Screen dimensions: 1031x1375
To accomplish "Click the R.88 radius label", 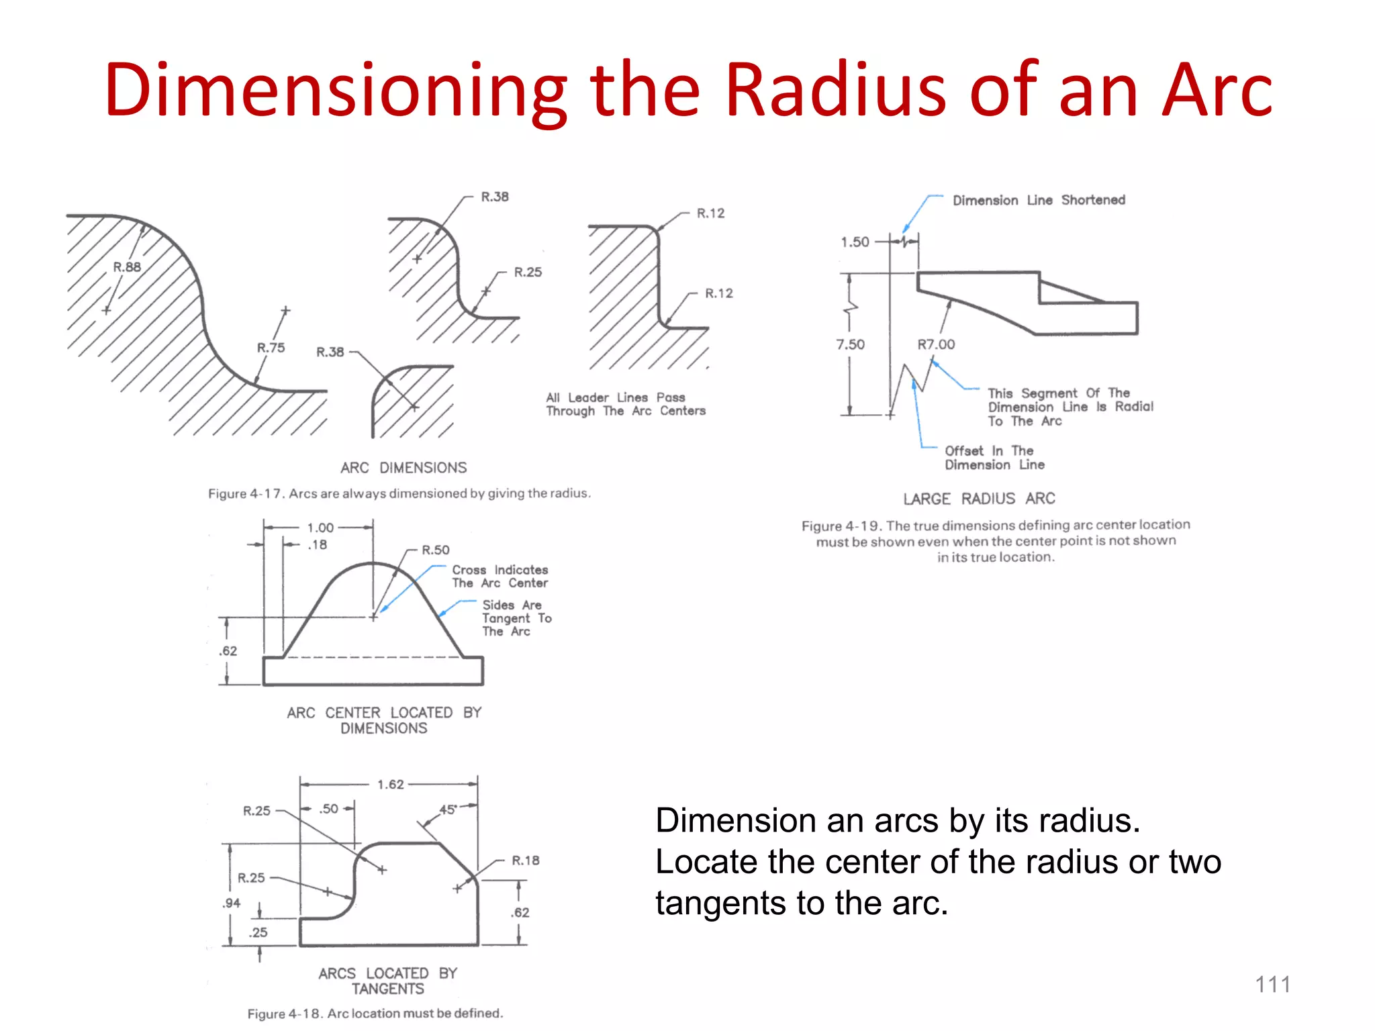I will pos(127,267).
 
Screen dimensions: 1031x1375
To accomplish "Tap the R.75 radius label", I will pos(271,348).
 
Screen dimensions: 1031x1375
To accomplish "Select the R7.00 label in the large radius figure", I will pos(936,344).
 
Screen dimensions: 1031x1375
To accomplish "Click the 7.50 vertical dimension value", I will pos(850,344).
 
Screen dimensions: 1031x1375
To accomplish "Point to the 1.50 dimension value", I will pos(855,242).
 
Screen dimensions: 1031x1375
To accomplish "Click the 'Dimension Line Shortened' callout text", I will pos(1039,200).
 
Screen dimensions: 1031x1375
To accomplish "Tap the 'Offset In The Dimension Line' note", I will pos(994,458).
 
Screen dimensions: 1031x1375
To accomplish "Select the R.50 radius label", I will pos(435,550).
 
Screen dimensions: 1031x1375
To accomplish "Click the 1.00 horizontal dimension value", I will pos(320,528).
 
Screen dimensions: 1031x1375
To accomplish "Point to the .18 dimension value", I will pos(317,545).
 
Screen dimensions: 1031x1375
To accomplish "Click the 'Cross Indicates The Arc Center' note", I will pos(500,577).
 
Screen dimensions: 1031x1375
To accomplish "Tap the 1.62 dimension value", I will pos(390,785).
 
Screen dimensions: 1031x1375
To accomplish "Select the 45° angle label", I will pos(448,809).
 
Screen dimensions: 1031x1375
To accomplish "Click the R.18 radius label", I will pos(525,861).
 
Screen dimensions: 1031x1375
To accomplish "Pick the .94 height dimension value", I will pos(231,903).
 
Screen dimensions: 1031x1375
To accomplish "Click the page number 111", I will pos(1272,985).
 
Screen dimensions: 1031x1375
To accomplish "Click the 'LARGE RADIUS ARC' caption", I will pos(979,499).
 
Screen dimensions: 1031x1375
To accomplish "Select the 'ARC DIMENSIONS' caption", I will pos(403,468).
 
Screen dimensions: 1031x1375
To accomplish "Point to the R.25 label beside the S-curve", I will pos(528,273).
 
